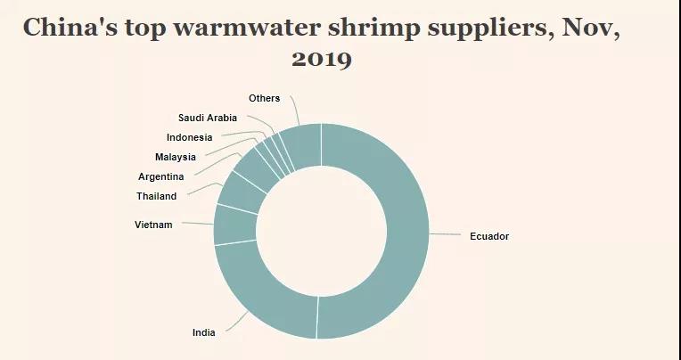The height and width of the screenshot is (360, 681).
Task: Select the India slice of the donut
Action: (258, 294)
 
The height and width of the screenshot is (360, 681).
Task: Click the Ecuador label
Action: (488, 236)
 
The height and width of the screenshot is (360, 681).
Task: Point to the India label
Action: (203, 332)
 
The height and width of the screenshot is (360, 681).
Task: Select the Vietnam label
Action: (153, 225)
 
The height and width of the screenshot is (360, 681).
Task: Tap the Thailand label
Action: (157, 196)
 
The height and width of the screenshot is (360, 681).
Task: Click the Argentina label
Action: (161, 176)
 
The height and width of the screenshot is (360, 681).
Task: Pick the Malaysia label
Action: (176, 157)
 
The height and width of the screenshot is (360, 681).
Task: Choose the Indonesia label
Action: (190, 137)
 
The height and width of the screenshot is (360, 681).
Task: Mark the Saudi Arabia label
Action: (208, 118)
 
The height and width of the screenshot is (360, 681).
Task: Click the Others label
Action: (265, 98)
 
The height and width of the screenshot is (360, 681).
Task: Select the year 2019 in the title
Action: (322, 60)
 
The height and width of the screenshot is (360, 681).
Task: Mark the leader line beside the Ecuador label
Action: (445, 234)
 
